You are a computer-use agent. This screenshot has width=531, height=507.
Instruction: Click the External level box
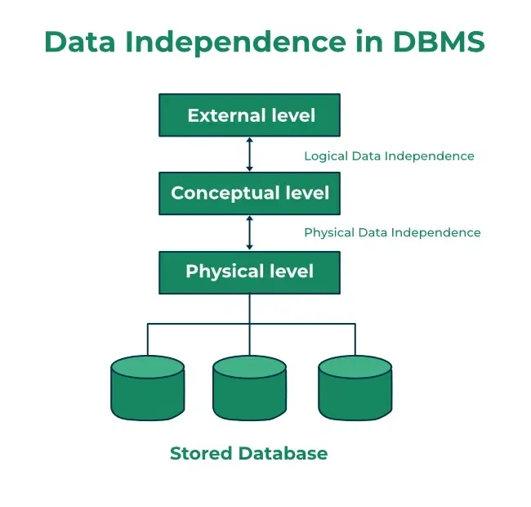pos(250,115)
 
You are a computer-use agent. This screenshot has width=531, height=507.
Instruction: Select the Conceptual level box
pos(250,194)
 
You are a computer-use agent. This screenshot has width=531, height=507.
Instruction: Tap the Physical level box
pos(250,271)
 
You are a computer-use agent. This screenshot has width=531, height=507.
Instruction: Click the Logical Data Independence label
pos(389,155)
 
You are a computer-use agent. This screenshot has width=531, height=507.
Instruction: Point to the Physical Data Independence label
pos(392,232)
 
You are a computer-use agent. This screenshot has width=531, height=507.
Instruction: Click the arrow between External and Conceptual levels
pos(250,155)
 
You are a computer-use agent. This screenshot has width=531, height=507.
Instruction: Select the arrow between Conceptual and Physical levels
pos(250,232)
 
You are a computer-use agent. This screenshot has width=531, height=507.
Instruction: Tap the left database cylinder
pos(147,388)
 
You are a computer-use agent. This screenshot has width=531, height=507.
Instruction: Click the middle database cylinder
pos(250,388)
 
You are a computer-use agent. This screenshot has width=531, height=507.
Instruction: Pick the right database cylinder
pos(355,388)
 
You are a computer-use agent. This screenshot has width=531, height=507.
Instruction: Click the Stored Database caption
pos(248,453)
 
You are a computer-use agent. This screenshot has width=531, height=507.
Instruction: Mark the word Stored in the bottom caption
pos(199,453)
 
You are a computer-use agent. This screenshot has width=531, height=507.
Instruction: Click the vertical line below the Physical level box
pos(250,308)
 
